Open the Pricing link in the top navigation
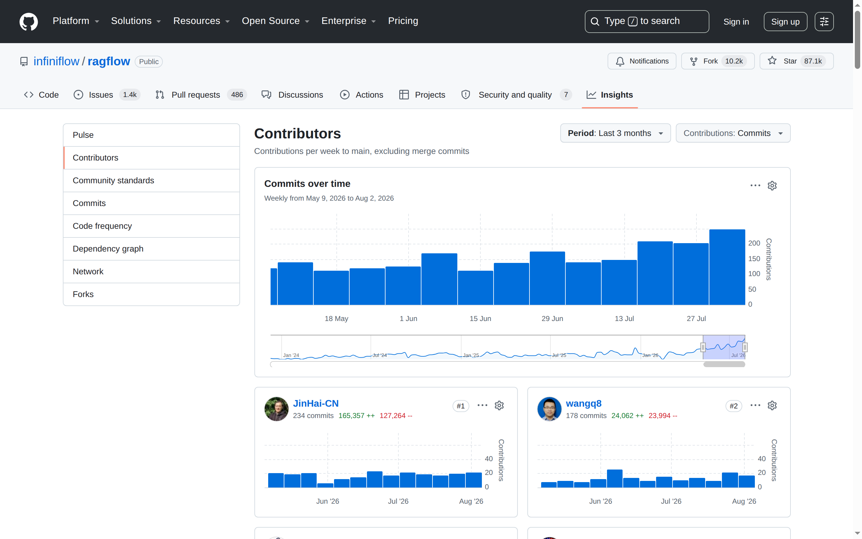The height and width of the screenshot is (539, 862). pos(403,21)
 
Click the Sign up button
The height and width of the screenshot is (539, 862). pos(785,22)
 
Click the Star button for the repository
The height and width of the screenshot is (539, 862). pos(796,61)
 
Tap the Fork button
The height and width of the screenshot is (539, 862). pos(718,61)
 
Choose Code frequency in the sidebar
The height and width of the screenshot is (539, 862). pos(102,226)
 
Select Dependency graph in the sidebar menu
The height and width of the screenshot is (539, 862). pos(108,249)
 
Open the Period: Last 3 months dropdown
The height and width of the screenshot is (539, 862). pos(615,133)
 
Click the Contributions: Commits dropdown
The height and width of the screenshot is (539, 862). pos(733,133)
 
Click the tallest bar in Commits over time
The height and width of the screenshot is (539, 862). pos(727,267)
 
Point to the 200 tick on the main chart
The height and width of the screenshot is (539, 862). pos(754,243)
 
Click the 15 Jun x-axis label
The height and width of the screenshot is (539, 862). pos(480,319)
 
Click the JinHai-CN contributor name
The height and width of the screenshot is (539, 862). pos(315,404)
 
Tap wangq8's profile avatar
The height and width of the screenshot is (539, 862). pos(549,409)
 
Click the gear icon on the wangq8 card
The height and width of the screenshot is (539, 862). pos(772,406)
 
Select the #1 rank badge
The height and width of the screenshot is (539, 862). pos(461,406)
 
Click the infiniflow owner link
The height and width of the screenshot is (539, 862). pos(56,61)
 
